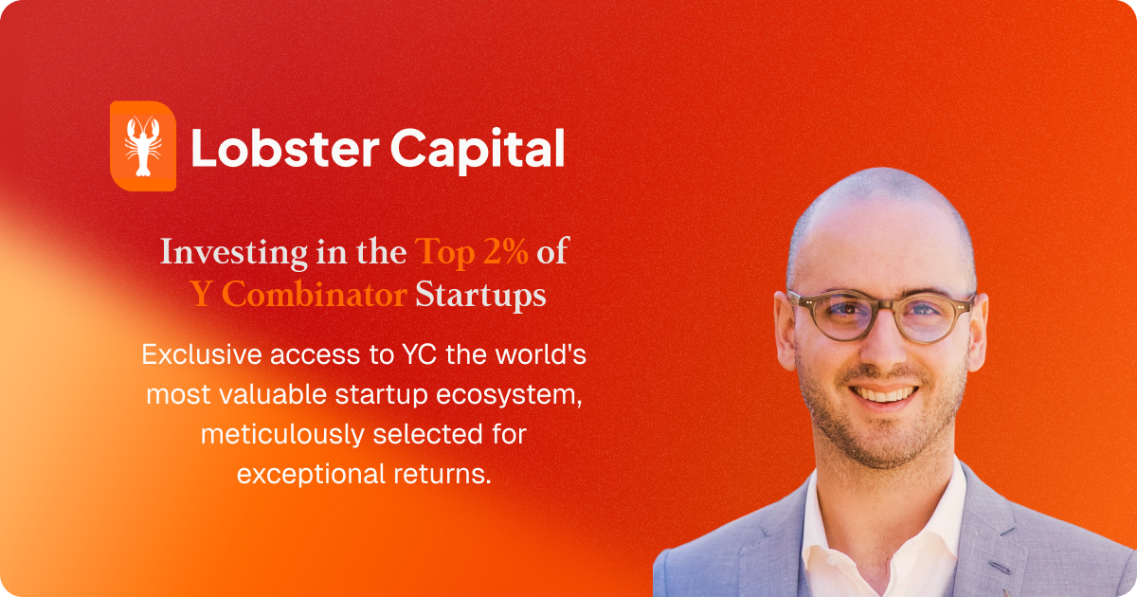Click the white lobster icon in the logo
143,146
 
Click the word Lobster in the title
285,148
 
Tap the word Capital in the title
478,152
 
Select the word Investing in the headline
233,253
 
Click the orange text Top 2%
471,251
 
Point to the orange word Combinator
315,294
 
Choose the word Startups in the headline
480,296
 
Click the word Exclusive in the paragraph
201,354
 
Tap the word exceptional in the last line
311,476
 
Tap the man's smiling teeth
884,394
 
